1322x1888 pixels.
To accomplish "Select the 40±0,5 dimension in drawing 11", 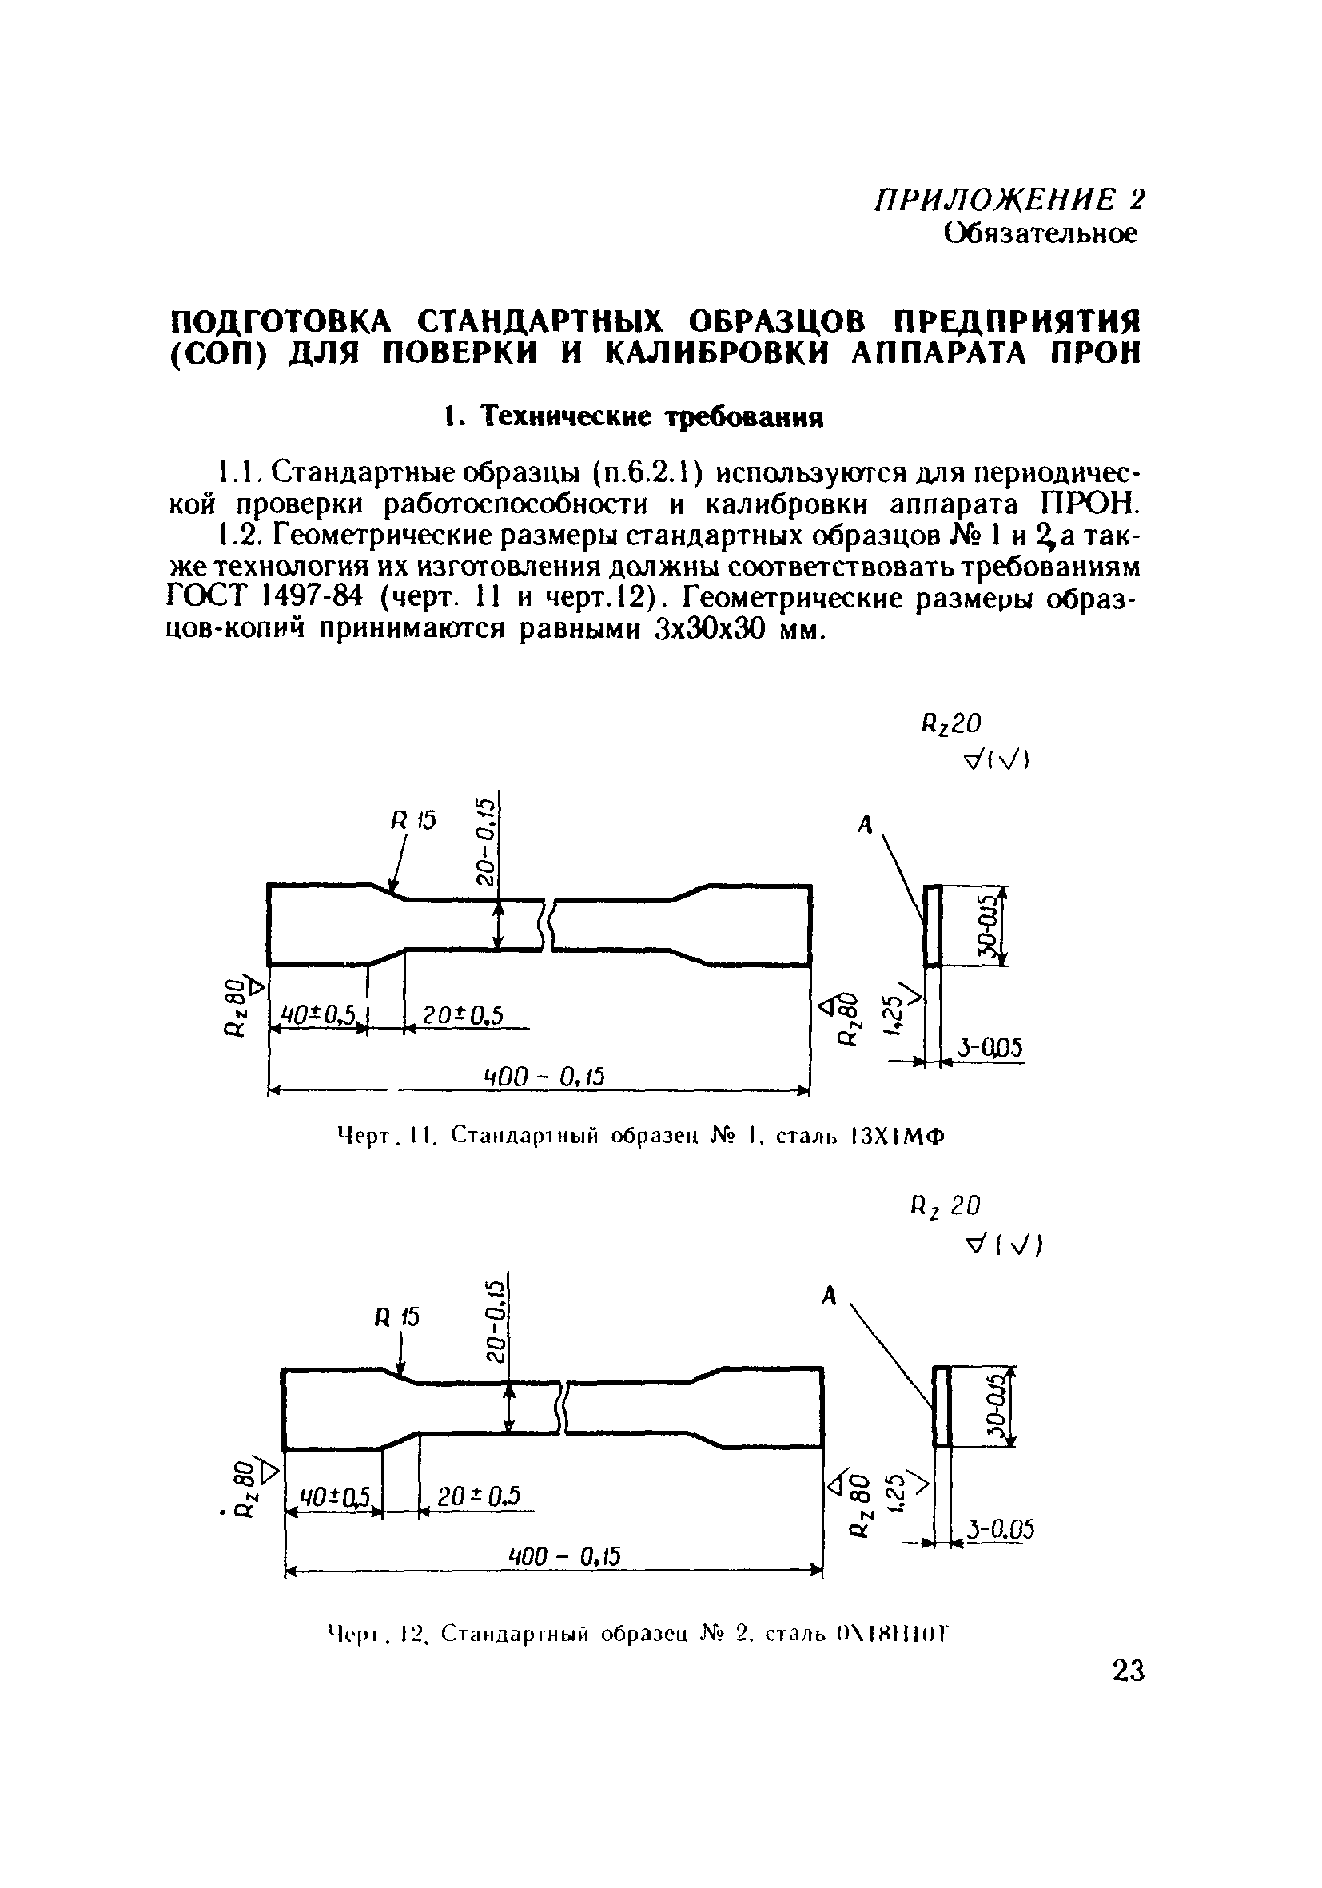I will (317, 1017).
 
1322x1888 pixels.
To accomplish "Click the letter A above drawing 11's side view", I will (865, 825).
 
